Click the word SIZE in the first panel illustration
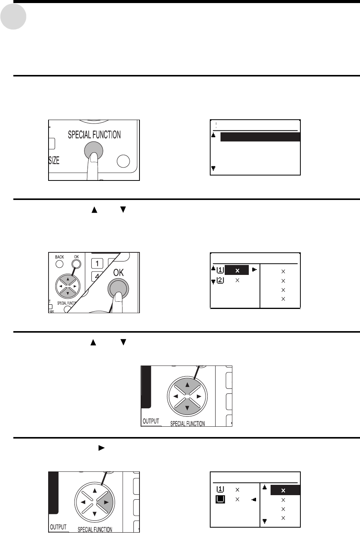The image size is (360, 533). point(54,161)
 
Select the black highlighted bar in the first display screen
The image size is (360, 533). point(260,137)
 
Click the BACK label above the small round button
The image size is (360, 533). point(59,257)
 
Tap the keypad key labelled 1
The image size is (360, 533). point(97,263)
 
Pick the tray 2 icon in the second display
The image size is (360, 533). point(220,280)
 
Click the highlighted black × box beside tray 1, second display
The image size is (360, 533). point(237,270)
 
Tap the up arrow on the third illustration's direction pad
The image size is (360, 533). point(187,385)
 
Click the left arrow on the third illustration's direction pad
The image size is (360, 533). point(175,396)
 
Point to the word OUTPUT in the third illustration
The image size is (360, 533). point(151,421)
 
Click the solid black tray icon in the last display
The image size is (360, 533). point(220,500)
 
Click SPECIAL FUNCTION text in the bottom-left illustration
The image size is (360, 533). point(95,530)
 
